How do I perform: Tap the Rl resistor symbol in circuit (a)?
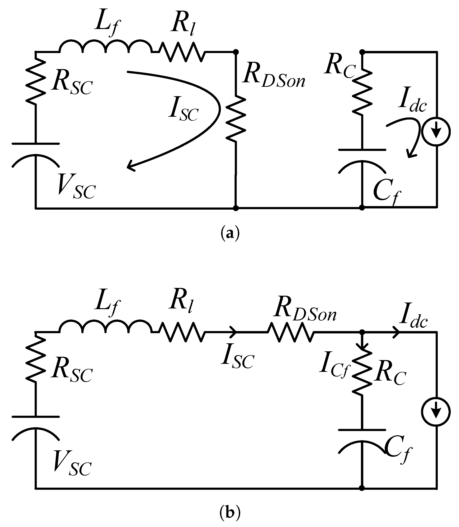(182, 52)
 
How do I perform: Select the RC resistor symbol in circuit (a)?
(362, 92)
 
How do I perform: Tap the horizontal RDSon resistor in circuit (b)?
(290, 332)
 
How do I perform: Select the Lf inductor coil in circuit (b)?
(106, 327)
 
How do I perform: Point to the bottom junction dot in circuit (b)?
(362, 488)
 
